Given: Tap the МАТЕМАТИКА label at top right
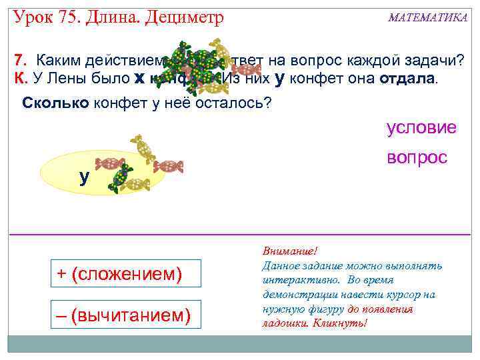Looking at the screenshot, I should click(x=427, y=18).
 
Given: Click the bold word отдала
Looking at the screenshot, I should click(x=405, y=79).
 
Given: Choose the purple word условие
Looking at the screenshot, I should click(x=421, y=127).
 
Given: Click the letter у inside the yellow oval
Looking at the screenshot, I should click(x=84, y=177).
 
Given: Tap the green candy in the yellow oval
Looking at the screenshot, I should click(x=121, y=177).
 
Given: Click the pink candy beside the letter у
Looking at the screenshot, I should click(x=110, y=163).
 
